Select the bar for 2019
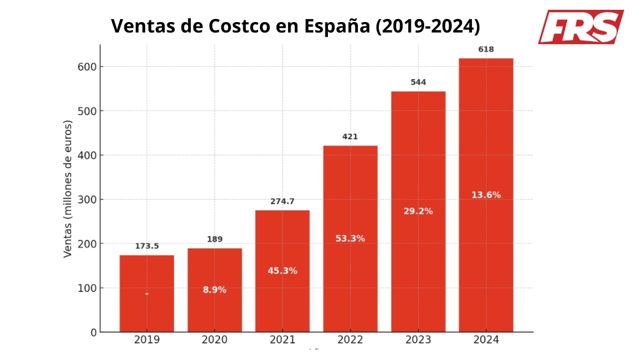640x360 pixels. pos(147,293)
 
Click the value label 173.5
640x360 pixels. pos(147,246)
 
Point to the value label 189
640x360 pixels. pos(215,239)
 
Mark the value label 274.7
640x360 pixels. pos(283,201)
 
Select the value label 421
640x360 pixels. pos(350,137)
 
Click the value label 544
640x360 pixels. pos(418,82)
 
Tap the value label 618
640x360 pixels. pos(486,49)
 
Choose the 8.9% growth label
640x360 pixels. pos(215,289)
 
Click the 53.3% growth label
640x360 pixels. pos(350,239)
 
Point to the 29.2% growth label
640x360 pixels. pos(418,211)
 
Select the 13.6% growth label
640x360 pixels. pos(486,195)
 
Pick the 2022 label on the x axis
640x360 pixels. pos(350,340)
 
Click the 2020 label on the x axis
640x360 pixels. pos(215,340)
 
